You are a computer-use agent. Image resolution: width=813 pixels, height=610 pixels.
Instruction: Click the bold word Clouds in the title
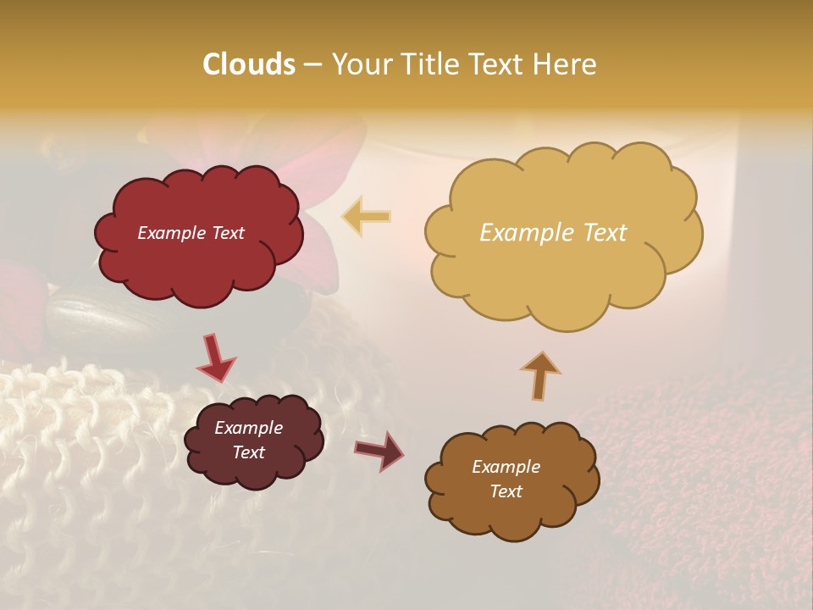249,64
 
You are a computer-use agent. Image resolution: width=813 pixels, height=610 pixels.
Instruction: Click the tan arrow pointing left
367,216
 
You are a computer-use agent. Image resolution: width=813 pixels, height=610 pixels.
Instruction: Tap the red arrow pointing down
215,357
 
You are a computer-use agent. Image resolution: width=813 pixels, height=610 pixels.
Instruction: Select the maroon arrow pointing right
379,450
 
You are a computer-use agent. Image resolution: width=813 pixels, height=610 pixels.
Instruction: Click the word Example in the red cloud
170,233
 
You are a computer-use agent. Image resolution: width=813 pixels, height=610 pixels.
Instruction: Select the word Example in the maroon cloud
248,428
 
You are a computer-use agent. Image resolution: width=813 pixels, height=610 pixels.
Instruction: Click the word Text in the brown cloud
506,491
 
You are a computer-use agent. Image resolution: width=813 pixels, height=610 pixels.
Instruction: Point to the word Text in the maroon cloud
248,452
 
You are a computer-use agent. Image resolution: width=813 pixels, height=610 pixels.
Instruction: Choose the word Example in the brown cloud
506,467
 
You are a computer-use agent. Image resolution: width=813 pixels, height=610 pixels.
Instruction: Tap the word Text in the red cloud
227,233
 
